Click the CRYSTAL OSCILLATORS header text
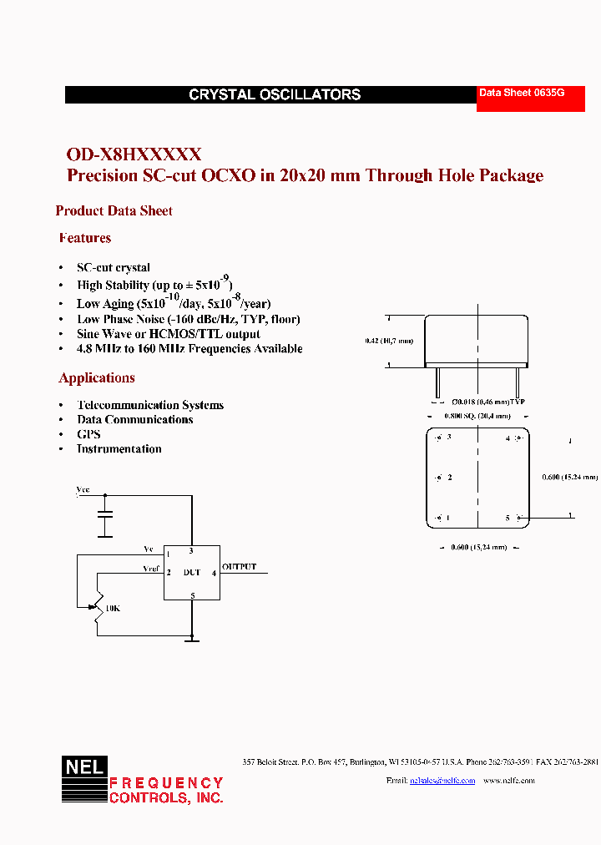pyautogui.click(x=275, y=95)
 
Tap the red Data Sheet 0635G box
pyautogui.click(x=523, y=94)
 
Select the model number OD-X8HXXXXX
pyautogui.click(x=134, y=154)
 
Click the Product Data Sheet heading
pyautogui.click(x=114, y=211)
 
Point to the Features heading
pyautogui.click(x=85, y=238)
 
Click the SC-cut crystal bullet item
pyautogui.click(x=114, y=268)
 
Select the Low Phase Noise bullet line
pyautogui.click(x=188, y=319)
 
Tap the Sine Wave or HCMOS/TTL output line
pyautogui.click(x=168, y=334)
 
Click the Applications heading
pyautogui.click(x=97, y=378)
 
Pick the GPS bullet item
pyautogui.click(x=88, y=434)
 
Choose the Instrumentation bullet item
pyautogui.click(x=119, y=449)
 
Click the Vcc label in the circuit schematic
pyautogui.click(x=83, y=490)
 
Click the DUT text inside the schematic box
pyautogui.click(x=192, y=573)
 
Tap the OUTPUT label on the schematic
pyautogui.click(x=240, y=567)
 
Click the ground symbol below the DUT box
pyautogui.click(x=192, y=640)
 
